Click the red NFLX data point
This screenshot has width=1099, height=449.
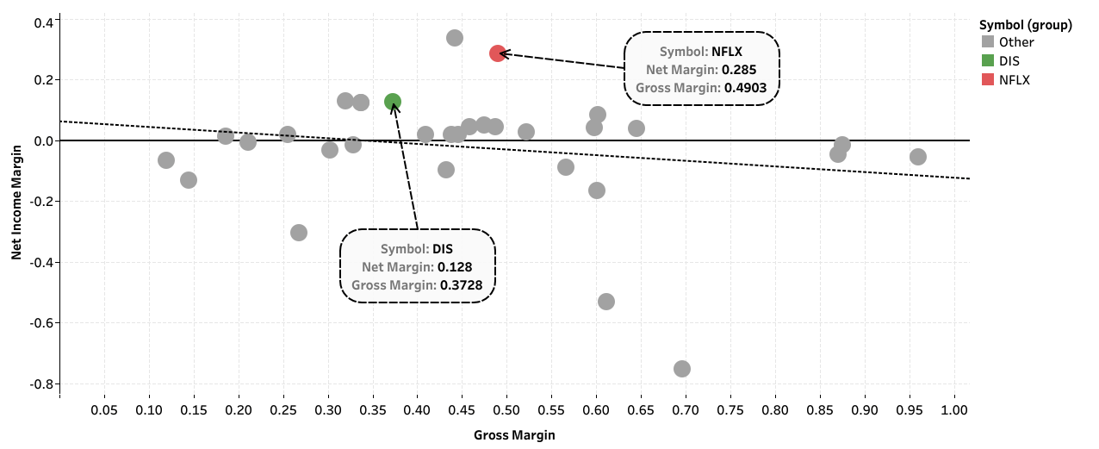coord(498,53)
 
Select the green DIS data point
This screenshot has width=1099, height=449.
coord(393,102)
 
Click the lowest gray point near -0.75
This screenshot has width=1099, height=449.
coord(682,369)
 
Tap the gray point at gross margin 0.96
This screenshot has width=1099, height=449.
coord(918,157)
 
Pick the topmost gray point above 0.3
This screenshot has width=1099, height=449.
coord(455,38)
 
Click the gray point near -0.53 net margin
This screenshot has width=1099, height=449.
coord(606,302)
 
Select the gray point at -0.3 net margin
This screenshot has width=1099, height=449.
coord(299,232)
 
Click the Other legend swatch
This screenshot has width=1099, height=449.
coord(988,41)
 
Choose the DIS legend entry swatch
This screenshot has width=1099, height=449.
coord(988,61)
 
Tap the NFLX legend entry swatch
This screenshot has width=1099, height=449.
coord(988,79)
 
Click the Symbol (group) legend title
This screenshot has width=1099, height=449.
coord(1026,25)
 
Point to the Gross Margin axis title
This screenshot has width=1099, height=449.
coord(514,434)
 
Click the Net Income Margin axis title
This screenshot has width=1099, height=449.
coord(16,203)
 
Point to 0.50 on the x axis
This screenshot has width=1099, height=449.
coord(506,409)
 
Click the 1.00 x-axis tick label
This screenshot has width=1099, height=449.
coord(954,409)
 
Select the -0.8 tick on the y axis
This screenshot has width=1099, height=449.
coord(42,384)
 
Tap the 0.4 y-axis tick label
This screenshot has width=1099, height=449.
coord(44,22)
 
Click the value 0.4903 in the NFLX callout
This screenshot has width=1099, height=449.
coord(745,88)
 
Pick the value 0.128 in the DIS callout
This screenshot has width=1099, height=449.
coord(455,267)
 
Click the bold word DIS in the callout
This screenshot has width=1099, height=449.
coord(443,249)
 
